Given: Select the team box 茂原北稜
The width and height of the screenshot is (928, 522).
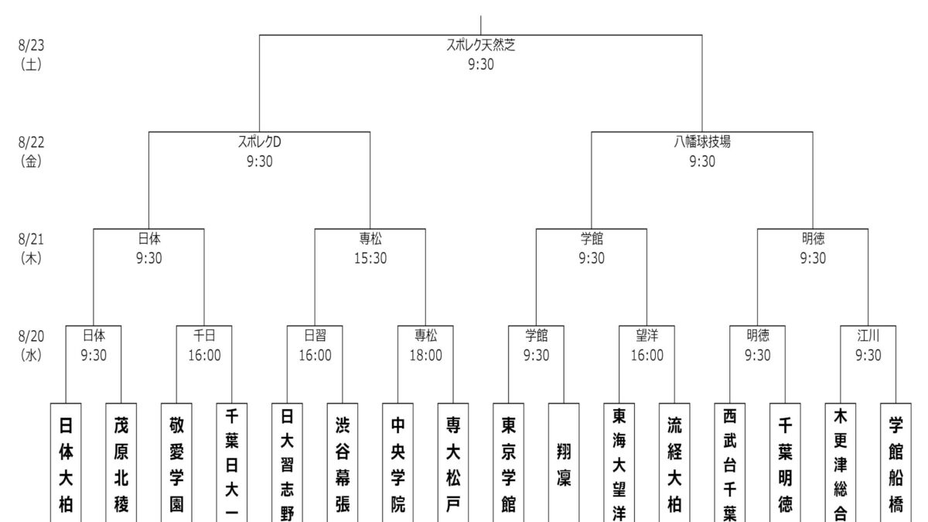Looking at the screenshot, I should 121,462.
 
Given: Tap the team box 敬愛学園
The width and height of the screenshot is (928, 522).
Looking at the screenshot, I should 176,462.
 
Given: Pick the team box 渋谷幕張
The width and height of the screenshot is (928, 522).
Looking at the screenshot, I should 343,462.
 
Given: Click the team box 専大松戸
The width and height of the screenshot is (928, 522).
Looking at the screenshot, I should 453,462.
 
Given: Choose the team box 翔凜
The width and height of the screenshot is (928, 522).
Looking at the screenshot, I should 564,462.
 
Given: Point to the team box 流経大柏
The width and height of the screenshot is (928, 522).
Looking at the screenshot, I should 674,462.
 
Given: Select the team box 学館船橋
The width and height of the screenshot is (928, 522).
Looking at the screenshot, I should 896,462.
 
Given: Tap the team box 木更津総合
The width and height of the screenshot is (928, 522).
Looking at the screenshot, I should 841,462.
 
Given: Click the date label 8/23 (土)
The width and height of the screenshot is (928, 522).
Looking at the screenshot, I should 32,55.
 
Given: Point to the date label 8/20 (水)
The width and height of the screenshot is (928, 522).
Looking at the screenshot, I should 32,346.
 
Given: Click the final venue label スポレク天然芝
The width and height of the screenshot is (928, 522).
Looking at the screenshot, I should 481,46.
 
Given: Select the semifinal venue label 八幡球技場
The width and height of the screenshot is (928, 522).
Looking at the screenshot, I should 702,143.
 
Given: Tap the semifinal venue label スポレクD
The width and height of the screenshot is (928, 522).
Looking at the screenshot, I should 259,143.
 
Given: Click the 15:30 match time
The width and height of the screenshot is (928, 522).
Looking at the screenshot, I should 370,258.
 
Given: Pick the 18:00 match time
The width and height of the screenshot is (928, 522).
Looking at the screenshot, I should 426,356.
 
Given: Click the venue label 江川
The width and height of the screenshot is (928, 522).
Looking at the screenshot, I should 868,336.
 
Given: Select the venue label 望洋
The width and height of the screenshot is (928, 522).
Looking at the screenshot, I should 647,336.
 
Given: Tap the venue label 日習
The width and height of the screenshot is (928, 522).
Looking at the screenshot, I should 315,336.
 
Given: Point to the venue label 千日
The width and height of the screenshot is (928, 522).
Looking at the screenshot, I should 204,336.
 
